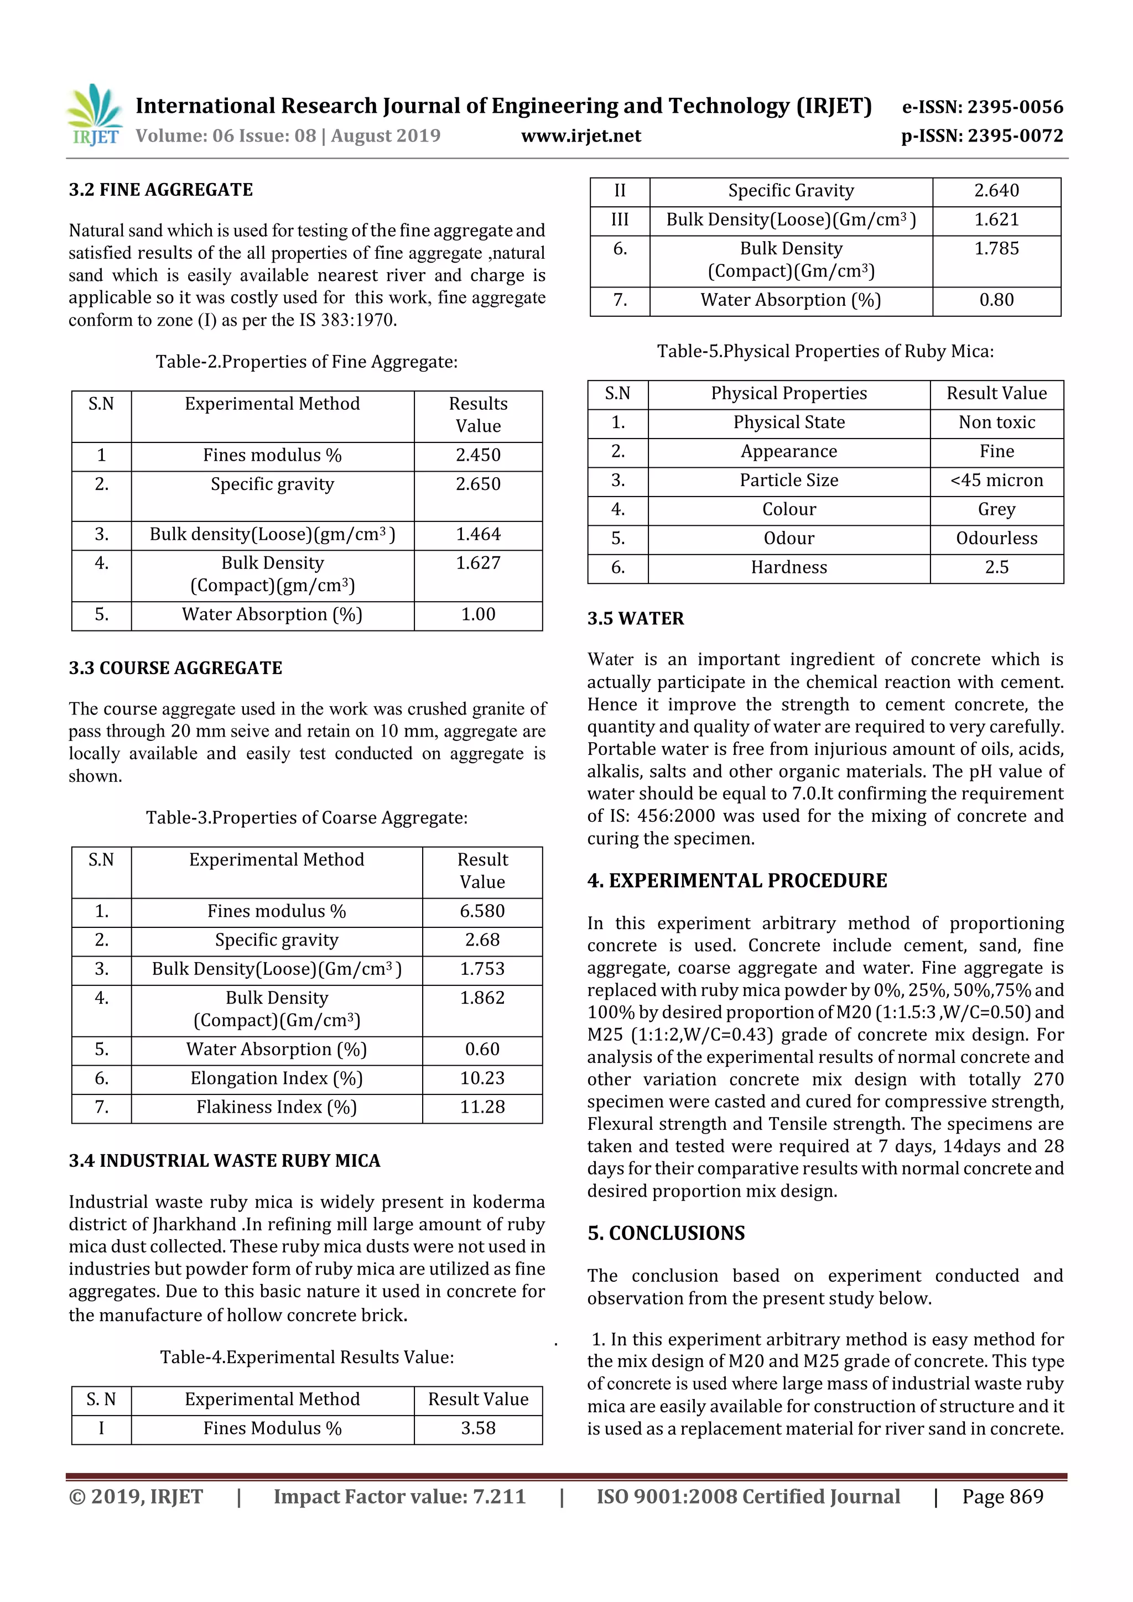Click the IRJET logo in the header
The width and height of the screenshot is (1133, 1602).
tap(94, 115)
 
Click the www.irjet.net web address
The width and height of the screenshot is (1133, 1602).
tap(581, 136)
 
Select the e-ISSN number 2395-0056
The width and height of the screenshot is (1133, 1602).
tap(982, 107)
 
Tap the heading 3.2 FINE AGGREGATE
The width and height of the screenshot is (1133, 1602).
tap(160, 190)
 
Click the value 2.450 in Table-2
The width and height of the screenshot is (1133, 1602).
tap(478, 455)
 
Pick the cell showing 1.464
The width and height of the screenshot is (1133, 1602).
tap(478, 535)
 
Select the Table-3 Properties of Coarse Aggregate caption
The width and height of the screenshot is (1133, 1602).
tap(306, 818)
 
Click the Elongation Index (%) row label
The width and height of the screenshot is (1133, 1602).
tap(277, 1079)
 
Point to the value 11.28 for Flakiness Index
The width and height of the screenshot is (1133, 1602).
tap(482, 1107)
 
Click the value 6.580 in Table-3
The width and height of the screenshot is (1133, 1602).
tap(482, 911)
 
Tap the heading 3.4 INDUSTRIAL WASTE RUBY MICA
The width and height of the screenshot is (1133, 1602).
tap(224, 1161)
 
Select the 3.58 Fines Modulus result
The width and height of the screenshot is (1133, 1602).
tap(478, 1428)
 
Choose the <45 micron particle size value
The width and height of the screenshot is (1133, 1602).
tap(996, 481)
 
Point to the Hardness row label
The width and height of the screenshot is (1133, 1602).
tap(789, 568)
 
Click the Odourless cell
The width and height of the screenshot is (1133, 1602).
tap(996, 539)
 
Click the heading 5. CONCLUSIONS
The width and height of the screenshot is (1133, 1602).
tap(666, 1234)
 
